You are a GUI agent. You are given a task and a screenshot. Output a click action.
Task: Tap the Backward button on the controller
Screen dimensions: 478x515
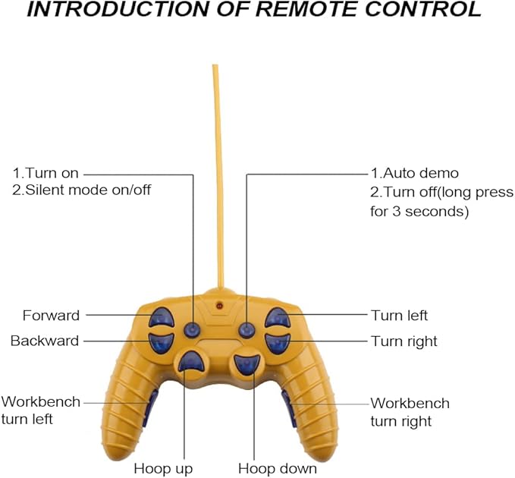[162, 341]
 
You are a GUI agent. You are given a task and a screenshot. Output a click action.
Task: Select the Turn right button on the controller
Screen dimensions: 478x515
[276, 343]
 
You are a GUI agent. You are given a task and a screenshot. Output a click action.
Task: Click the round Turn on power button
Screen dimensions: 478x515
[193, 330]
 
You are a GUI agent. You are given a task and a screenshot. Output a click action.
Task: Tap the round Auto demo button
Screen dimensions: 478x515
[247, 330]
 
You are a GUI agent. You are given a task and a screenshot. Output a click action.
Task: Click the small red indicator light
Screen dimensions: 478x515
[219, 306]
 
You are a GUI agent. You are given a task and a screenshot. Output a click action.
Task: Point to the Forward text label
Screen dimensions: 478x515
[51, 316]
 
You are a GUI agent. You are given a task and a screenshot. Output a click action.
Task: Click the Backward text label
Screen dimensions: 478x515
[44, 341]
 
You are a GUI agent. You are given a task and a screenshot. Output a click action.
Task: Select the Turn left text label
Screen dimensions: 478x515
[399, 316]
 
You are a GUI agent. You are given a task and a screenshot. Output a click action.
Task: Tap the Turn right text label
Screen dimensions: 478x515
[404, 341]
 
